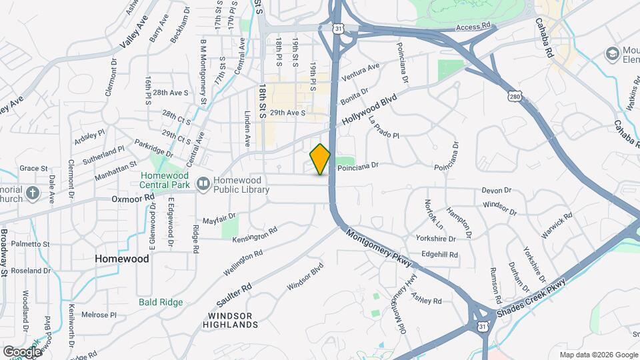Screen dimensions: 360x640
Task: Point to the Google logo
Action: coord(21,351)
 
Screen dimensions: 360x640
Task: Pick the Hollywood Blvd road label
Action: coord(369,109)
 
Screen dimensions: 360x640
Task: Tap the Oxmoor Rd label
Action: coord(133,198)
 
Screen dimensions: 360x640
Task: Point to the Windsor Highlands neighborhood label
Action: coord(232,320)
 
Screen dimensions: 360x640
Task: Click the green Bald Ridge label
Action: coord(161,302)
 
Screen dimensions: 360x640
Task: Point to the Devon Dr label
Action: coord(495,191)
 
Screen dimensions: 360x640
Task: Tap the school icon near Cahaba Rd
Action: coord(611,53)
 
